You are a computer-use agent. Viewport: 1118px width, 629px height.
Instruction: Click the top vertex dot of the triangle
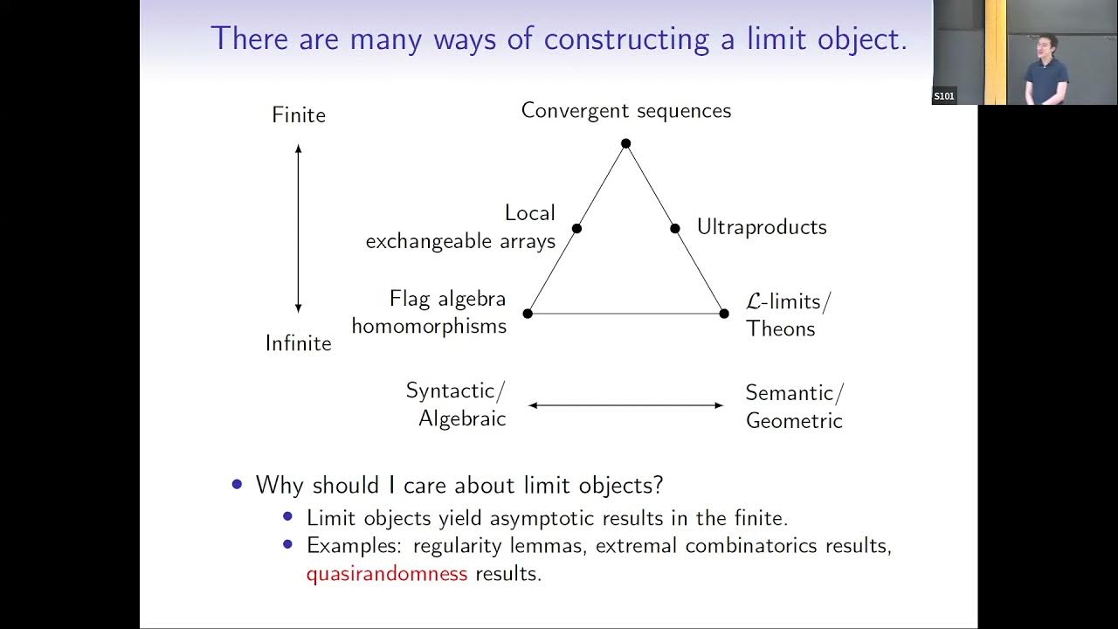point(625,143)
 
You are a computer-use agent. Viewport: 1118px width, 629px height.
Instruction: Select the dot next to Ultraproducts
point(674,229)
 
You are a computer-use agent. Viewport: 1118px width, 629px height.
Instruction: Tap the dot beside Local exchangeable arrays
point(576,229)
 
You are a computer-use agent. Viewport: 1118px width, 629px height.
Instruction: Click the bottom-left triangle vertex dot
point(528,314)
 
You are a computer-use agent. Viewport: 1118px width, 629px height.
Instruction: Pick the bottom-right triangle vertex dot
point(723,314)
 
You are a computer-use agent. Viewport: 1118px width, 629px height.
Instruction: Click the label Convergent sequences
point(625,111)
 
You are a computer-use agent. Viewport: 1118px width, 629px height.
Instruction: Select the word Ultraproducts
point(761,227)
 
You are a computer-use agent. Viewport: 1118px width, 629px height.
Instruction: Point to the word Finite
point(299,115)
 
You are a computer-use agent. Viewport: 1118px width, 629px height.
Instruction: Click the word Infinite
point(299,343)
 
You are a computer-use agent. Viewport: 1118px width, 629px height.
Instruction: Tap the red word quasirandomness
point(387,574)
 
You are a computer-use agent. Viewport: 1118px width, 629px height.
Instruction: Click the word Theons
point(780,329)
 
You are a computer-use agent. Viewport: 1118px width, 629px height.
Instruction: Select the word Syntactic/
point(455,391)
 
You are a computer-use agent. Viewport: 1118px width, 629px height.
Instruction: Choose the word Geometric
point(794,421)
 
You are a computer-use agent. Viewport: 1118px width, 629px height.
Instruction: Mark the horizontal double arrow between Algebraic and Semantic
point(625,405)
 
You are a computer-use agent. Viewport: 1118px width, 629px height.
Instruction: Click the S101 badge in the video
point(943,96)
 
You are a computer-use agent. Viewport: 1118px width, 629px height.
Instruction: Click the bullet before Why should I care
point(238,484)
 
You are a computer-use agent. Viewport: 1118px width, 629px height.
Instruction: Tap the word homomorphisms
point(429,327)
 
